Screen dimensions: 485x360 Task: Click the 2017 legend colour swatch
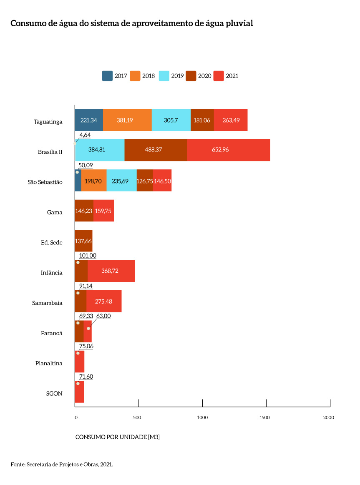[107, 76]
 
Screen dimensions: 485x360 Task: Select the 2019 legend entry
[171, 76]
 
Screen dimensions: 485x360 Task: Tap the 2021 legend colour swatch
[219, 76]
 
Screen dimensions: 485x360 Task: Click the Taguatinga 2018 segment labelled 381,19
[127, 120]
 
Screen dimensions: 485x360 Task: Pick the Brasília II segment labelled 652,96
[228, 150]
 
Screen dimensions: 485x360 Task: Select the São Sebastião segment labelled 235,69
[121, 181]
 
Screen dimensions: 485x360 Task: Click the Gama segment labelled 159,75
[103, 211]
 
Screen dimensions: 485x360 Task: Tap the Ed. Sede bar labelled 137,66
[83, 241]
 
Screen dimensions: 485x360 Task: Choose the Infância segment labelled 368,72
[111, 271]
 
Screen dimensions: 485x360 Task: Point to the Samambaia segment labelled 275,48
[103, 301]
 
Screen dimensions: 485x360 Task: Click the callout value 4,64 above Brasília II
[85, 135]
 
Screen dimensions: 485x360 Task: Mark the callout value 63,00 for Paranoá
[103, 316]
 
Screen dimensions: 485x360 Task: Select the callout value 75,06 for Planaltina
[86, 346]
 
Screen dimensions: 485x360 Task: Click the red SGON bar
[79, 392]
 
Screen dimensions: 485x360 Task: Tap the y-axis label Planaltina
[49, 363]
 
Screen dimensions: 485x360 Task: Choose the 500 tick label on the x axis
[137, 417]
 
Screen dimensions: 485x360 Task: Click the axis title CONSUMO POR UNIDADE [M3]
[118, 437]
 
